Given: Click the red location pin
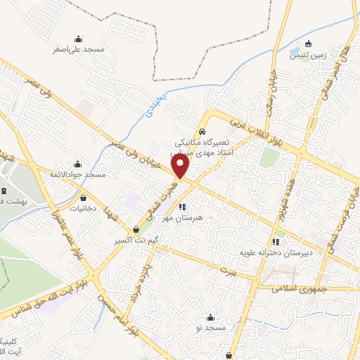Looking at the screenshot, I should [181, 167].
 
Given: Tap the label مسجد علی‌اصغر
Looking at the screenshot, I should [78, 50].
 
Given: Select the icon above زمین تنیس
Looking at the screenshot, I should [308, 44].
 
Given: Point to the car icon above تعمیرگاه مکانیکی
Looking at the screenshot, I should [202, 131].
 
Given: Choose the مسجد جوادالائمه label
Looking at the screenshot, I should [77, 174].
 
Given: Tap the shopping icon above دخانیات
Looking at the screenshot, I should [84, 198].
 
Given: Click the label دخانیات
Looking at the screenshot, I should [84, 209].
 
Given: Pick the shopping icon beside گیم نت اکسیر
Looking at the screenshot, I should [136, 229].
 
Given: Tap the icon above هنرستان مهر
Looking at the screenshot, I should [182, 207].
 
